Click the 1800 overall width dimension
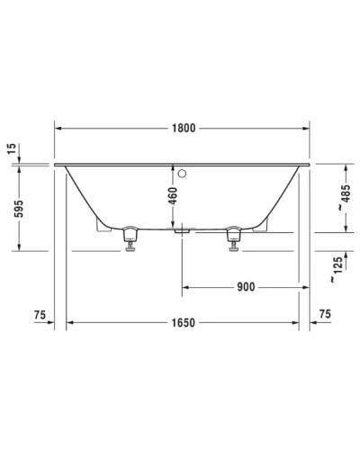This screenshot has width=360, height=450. [184, 129]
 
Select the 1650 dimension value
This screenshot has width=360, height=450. [184, 321]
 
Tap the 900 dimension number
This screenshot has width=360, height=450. [244, 287]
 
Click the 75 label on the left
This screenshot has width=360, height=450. [39, 314]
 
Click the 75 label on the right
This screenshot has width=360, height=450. [326, 314]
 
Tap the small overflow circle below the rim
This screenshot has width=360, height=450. [182, 172]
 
